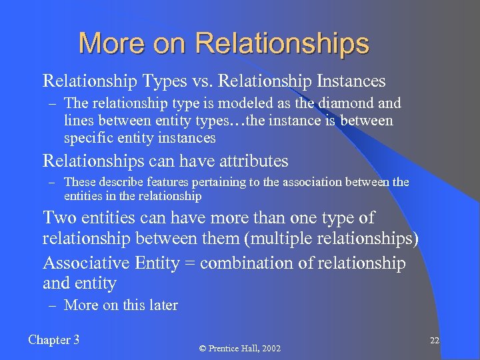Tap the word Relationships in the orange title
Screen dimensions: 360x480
(282, 45)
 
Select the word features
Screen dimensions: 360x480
(149, 182)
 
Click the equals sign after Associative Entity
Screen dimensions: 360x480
(189, 263)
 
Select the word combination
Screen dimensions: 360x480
(249, 263)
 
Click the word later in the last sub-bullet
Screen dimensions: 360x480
(163, 305)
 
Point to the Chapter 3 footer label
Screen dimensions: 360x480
(54, 340)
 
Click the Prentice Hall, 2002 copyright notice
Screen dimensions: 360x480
(240, 348)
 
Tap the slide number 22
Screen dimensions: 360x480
(434, 341)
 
